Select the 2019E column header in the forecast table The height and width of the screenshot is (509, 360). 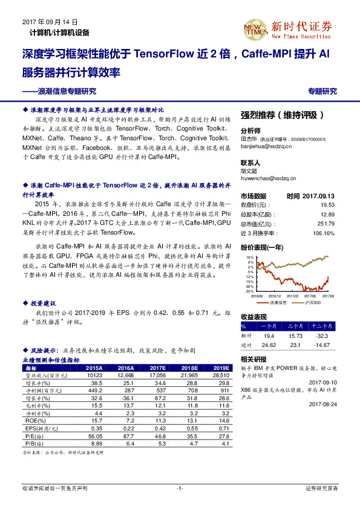point(221,368)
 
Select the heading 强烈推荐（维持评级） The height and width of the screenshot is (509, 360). point(283,115)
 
